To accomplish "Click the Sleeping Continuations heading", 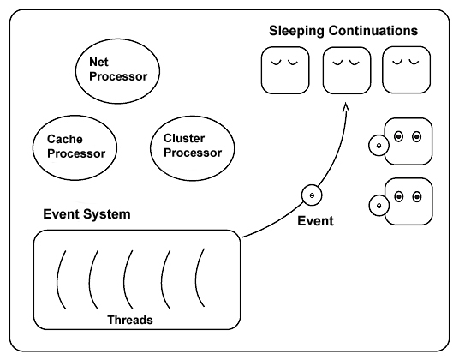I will (x=343, y=31).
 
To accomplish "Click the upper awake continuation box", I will (x=408, y=142).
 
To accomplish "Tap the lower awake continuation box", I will (x=408, y=201).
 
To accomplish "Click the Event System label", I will (x=86, y=214).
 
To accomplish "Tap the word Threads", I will (x=130, y=319).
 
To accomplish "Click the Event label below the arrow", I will (x=315, y=221).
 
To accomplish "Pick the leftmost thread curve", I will (x=62, y=278).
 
